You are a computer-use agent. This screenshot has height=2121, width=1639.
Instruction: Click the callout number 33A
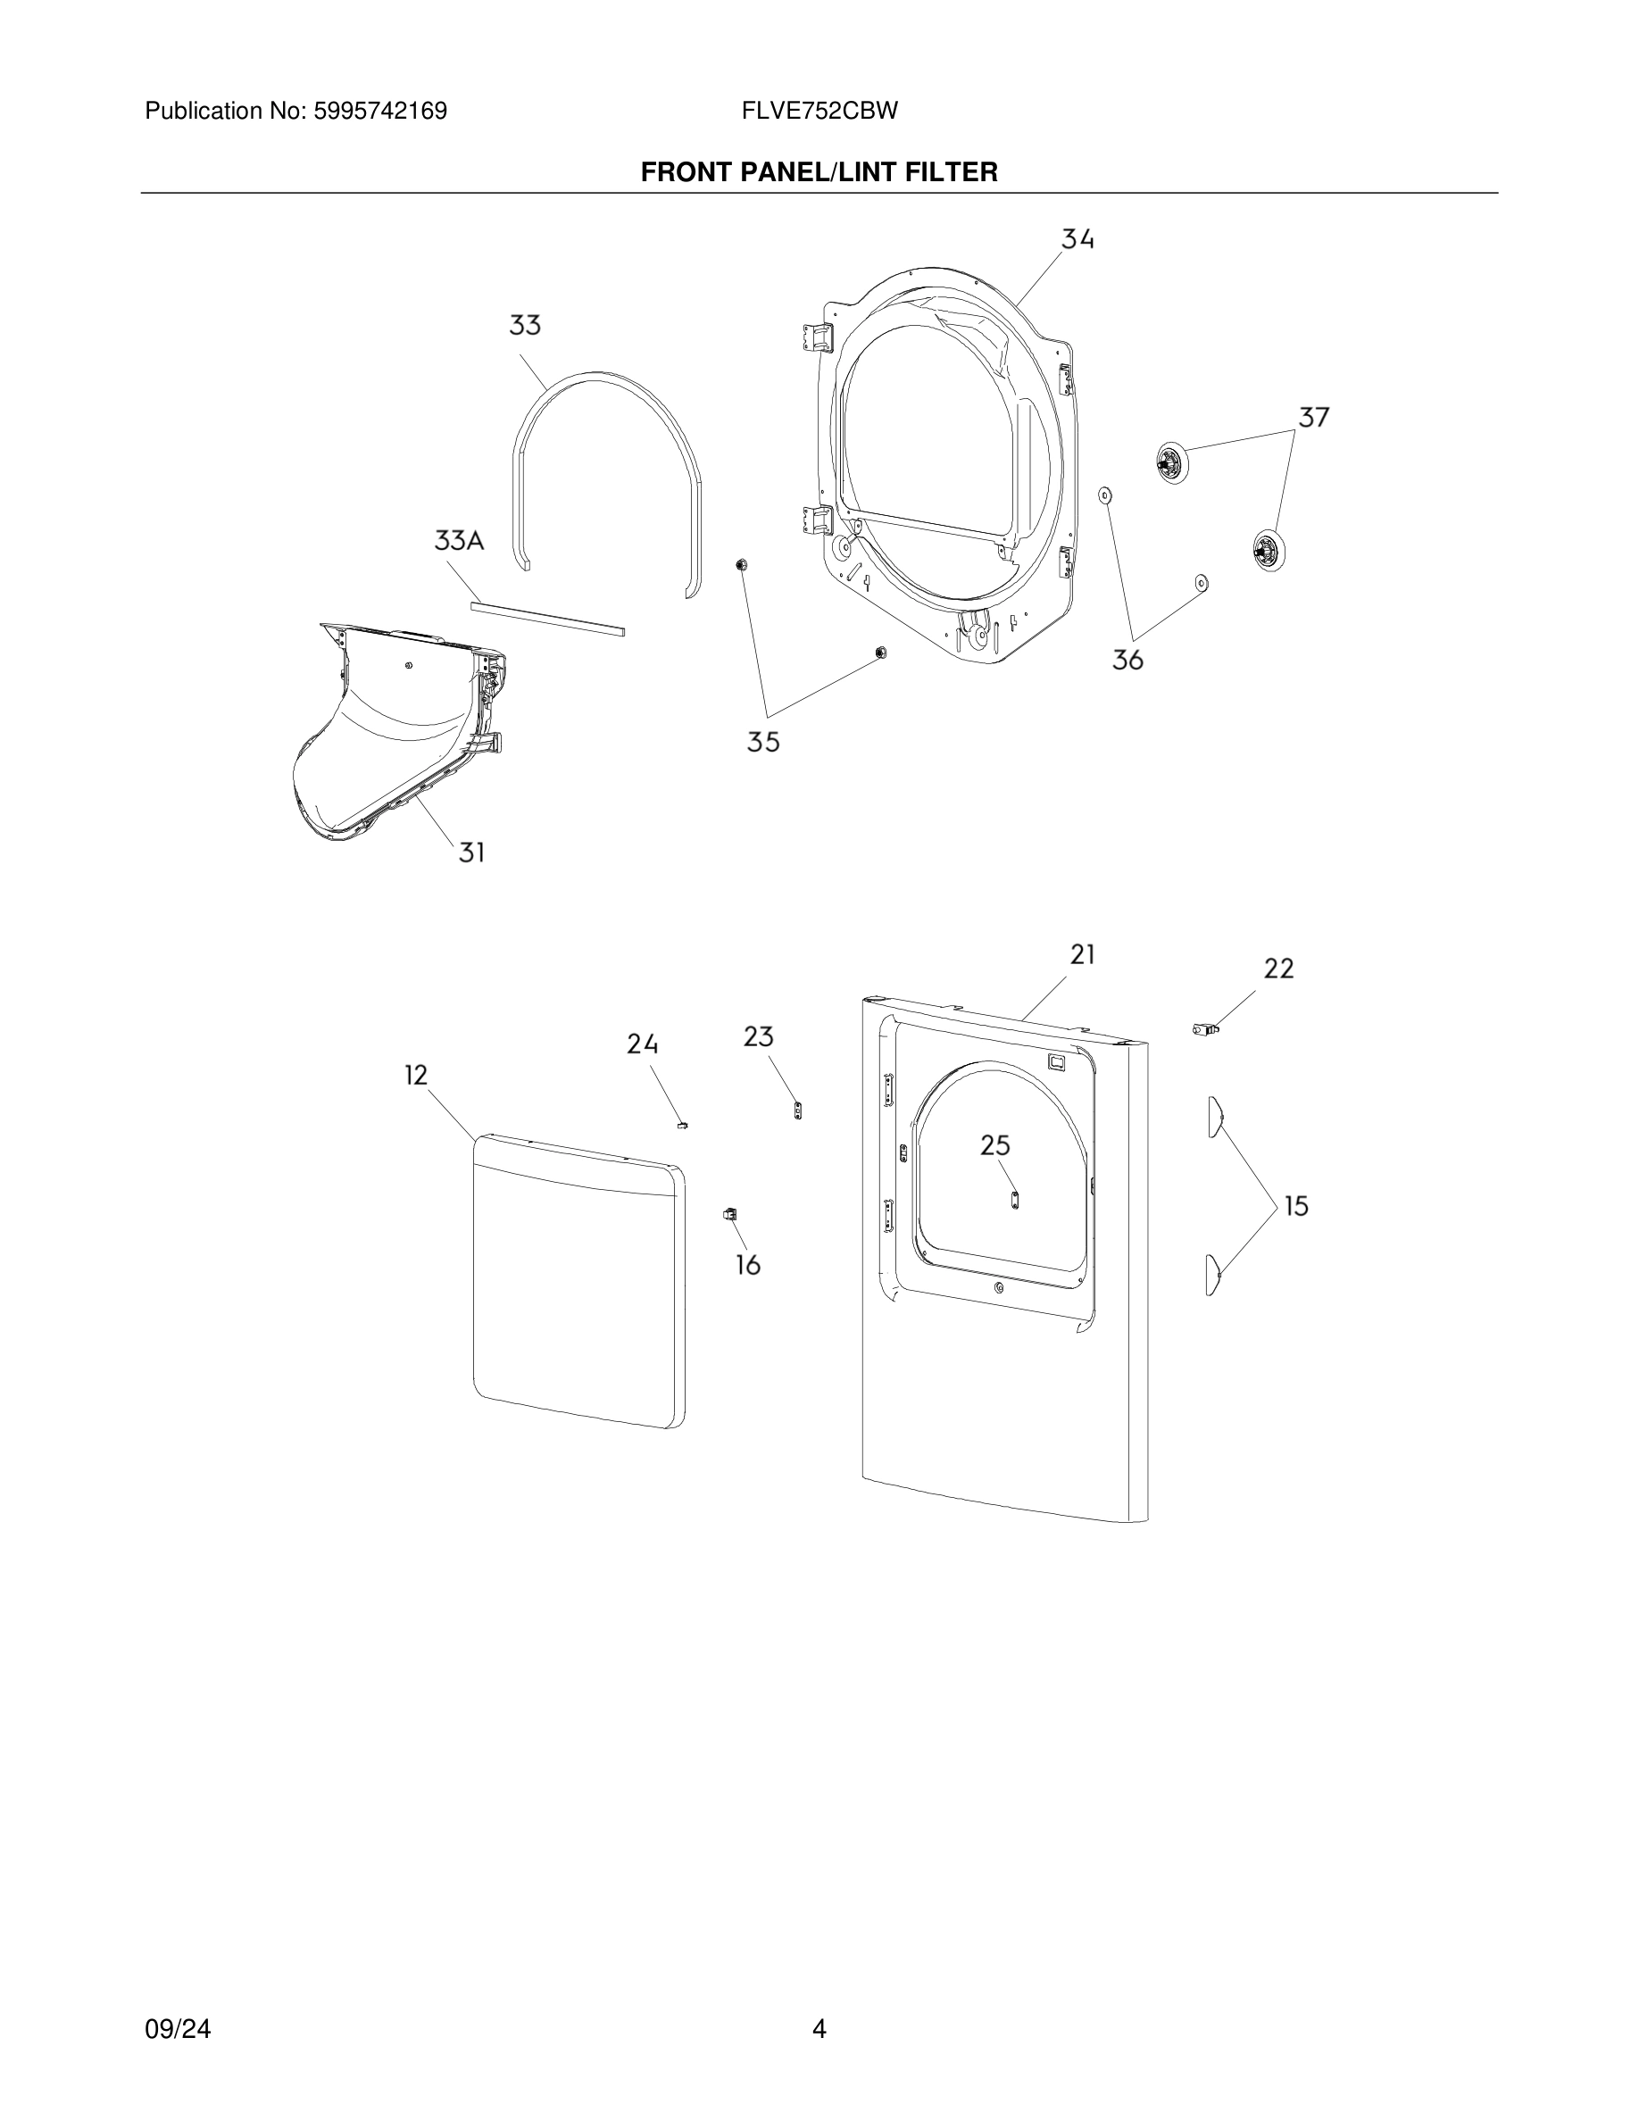pyautogui.click(x=458, y=541)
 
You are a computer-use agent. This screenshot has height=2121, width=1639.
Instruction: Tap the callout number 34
pyautogui.click(x=1077, y=239)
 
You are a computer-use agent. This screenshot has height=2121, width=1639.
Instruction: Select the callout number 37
pyautogui.click(x=1314, y=418)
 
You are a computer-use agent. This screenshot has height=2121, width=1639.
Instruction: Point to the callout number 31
pyautogui.click(x=472, y=853)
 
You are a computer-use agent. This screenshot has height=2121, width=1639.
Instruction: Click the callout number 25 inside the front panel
pyautogui.click(x=995, y=1146)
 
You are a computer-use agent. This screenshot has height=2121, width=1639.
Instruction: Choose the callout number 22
pyautogui.click(x=1278, y=969)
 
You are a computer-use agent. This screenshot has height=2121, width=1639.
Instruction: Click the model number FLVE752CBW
pyautogui.click(x=819, y=111)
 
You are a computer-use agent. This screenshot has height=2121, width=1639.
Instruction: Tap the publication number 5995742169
pyautogui.click(x=379, y=111)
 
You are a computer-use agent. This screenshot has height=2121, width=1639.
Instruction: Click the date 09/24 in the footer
pyautogui.click(x=178, y=2029)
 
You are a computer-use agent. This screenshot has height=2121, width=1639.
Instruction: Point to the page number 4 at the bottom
pyautogui.click(x=819, y=2029)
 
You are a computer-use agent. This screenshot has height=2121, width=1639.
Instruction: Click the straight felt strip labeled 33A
pyautogui.click(x=547, y=619)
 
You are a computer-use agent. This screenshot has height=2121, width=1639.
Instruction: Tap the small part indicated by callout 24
pyautogui.click(x=682, y=1126)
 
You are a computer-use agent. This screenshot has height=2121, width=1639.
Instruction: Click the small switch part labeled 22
pyautogui.click(x=1205, y=1029)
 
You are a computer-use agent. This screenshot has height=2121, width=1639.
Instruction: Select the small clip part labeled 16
pyautogui.click(x=729, y=1214)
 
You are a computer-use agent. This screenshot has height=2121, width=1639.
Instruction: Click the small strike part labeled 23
pyautogui.click(x=798, y=1110)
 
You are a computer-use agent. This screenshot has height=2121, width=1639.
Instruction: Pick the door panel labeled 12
pyautogui.click(x=578, y=1292)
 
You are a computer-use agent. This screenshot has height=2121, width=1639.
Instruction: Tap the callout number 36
pyautogui.click(x=1127, y=661)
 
